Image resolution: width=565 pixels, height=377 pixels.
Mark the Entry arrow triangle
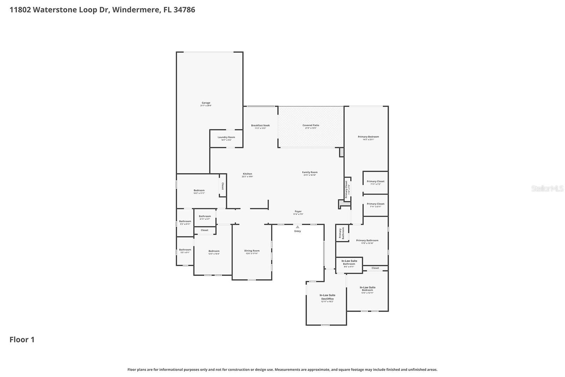click(298, 227)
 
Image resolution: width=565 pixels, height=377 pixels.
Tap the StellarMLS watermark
click(547, 188)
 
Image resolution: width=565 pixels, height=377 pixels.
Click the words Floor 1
click(22, 340)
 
